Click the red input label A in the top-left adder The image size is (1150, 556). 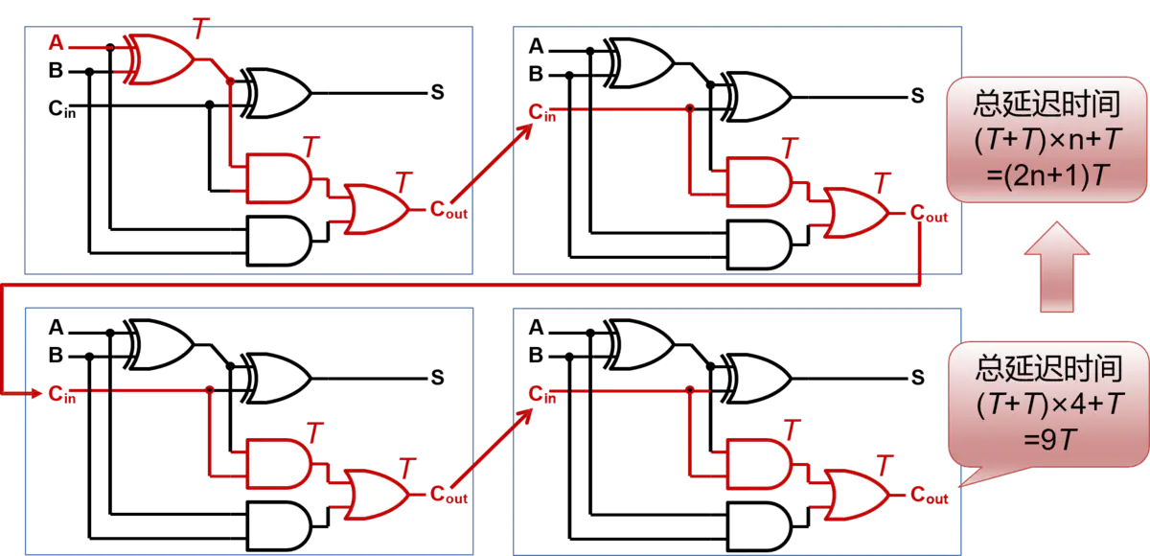57,42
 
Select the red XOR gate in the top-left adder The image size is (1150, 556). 159,59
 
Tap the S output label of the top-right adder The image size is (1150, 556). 917,96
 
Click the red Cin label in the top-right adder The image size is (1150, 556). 542,112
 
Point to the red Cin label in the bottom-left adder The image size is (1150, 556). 61,394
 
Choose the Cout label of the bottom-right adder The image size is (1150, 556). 930,495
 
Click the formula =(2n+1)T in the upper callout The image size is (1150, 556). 1047,175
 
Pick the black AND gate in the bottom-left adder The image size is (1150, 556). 280,525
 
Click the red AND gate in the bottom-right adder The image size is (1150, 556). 760,464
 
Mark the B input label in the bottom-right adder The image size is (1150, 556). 536,355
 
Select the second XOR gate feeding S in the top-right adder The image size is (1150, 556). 756,97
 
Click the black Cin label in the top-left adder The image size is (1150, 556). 61,109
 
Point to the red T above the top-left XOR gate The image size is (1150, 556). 202,28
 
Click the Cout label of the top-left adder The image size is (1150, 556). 448,210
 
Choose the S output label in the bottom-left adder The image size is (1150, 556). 437,378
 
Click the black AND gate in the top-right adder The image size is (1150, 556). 760,244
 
